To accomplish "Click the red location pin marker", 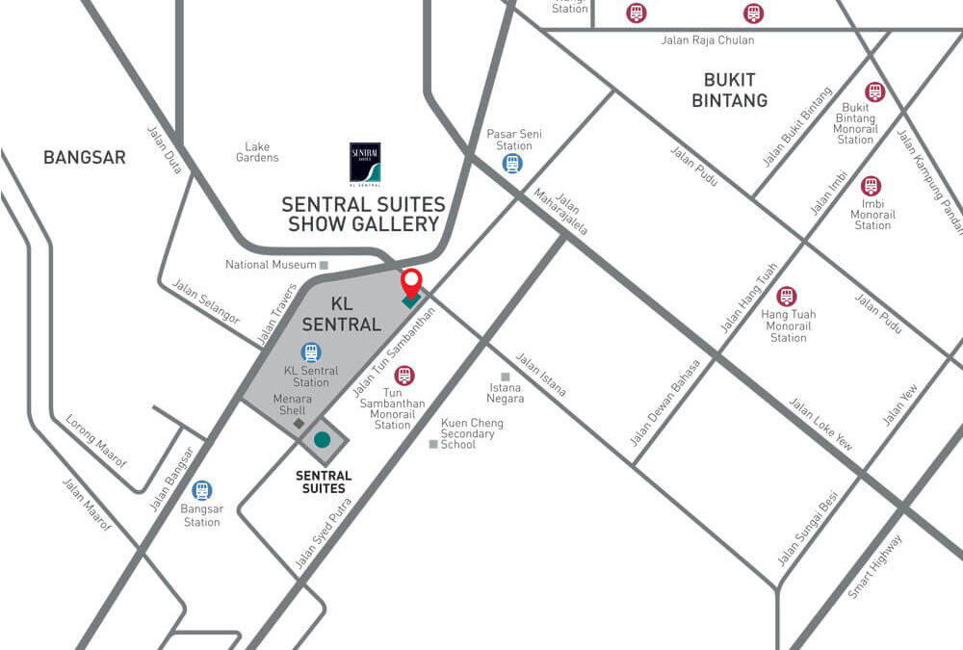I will pos(411,283).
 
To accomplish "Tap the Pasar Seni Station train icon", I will pos(512,164).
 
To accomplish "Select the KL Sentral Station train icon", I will pos(310,352).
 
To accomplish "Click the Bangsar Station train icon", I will pos(201,490).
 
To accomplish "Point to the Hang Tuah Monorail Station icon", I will pos(787,297).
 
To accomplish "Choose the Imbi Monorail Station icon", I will pos(871,186).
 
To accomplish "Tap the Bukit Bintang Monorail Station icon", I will pos(874,91).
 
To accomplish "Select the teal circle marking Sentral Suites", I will pos(322,440).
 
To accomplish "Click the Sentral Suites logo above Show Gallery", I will pos(365,164).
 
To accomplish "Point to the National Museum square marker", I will pos(324,265).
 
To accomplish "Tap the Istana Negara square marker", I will pos(505,377).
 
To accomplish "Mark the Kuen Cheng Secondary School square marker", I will pos(433,444).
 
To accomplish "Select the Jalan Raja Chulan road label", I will pos(708,40).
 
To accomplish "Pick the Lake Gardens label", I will pos(257,152).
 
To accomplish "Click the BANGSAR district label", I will pos(85,157).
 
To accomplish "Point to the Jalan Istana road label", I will pos(541,376).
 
